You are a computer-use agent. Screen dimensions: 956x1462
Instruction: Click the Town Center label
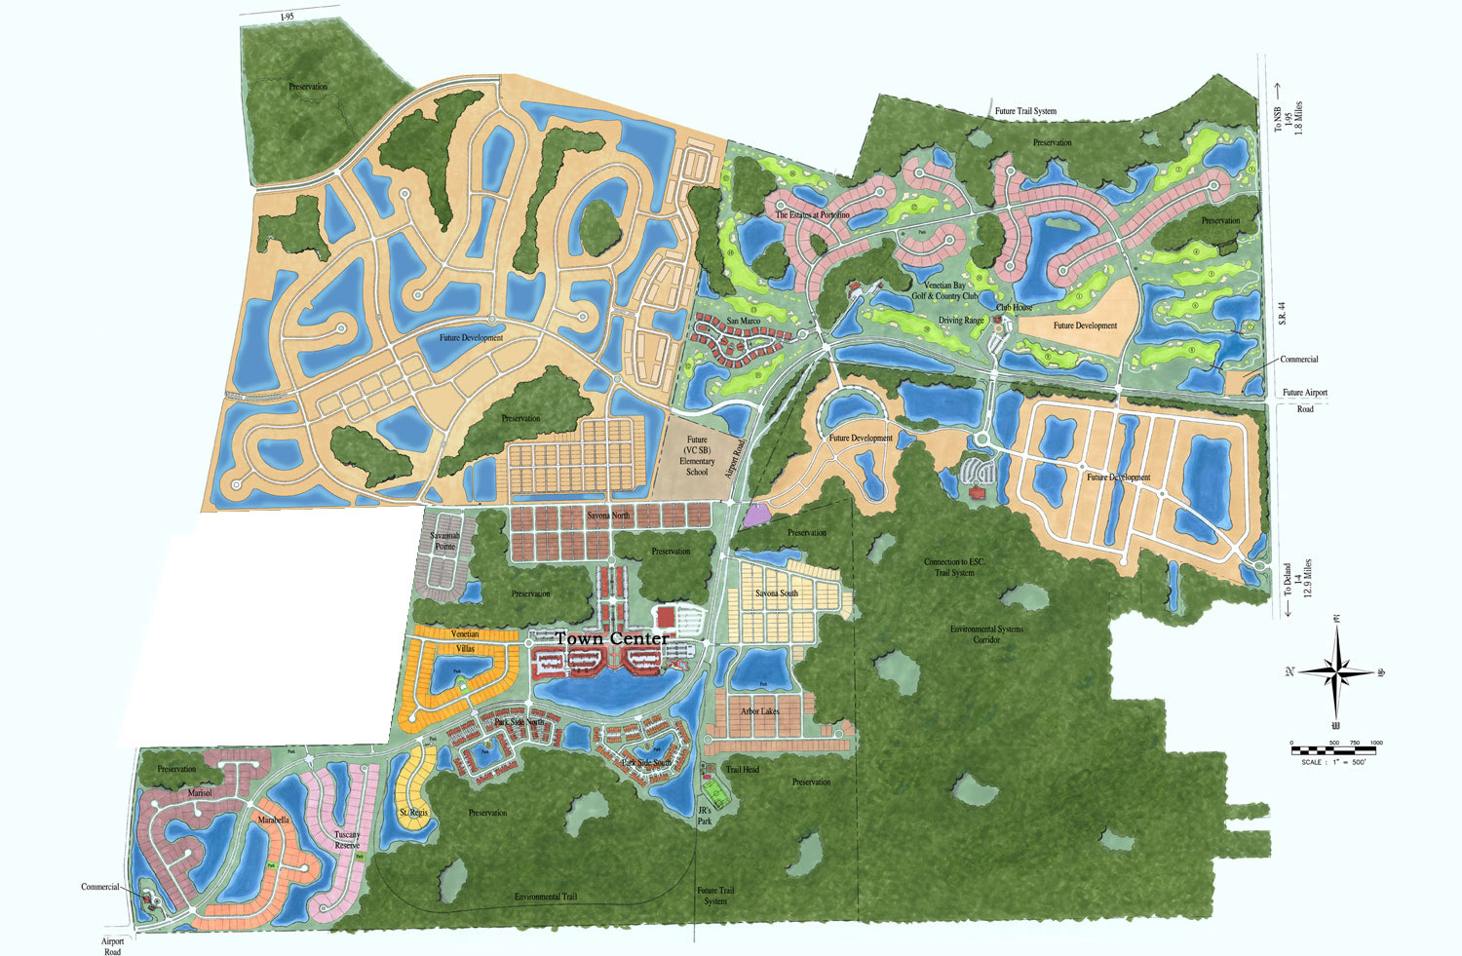[x=612, y=638]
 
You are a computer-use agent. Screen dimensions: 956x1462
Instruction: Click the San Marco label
[x=743, y=321]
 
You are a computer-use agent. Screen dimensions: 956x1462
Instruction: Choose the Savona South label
[x=776, y=593]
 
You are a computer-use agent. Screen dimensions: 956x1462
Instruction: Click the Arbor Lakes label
[x=759, y=711]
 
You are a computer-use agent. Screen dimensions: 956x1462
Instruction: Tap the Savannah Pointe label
[x=444, y=541]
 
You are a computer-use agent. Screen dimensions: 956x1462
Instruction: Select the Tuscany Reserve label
[x=347, y=840]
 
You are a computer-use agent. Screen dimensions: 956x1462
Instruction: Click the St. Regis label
[x=413, y=812]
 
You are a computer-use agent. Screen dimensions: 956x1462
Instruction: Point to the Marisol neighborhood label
[x=200, y=793]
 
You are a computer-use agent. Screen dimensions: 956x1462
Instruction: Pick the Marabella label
[x=273, y=821]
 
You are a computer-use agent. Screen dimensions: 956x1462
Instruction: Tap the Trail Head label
[x=742, y=769]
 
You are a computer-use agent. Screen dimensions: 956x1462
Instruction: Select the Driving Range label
[x=960, y=321]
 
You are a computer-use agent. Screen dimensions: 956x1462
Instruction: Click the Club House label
[x=1014, y=307]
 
